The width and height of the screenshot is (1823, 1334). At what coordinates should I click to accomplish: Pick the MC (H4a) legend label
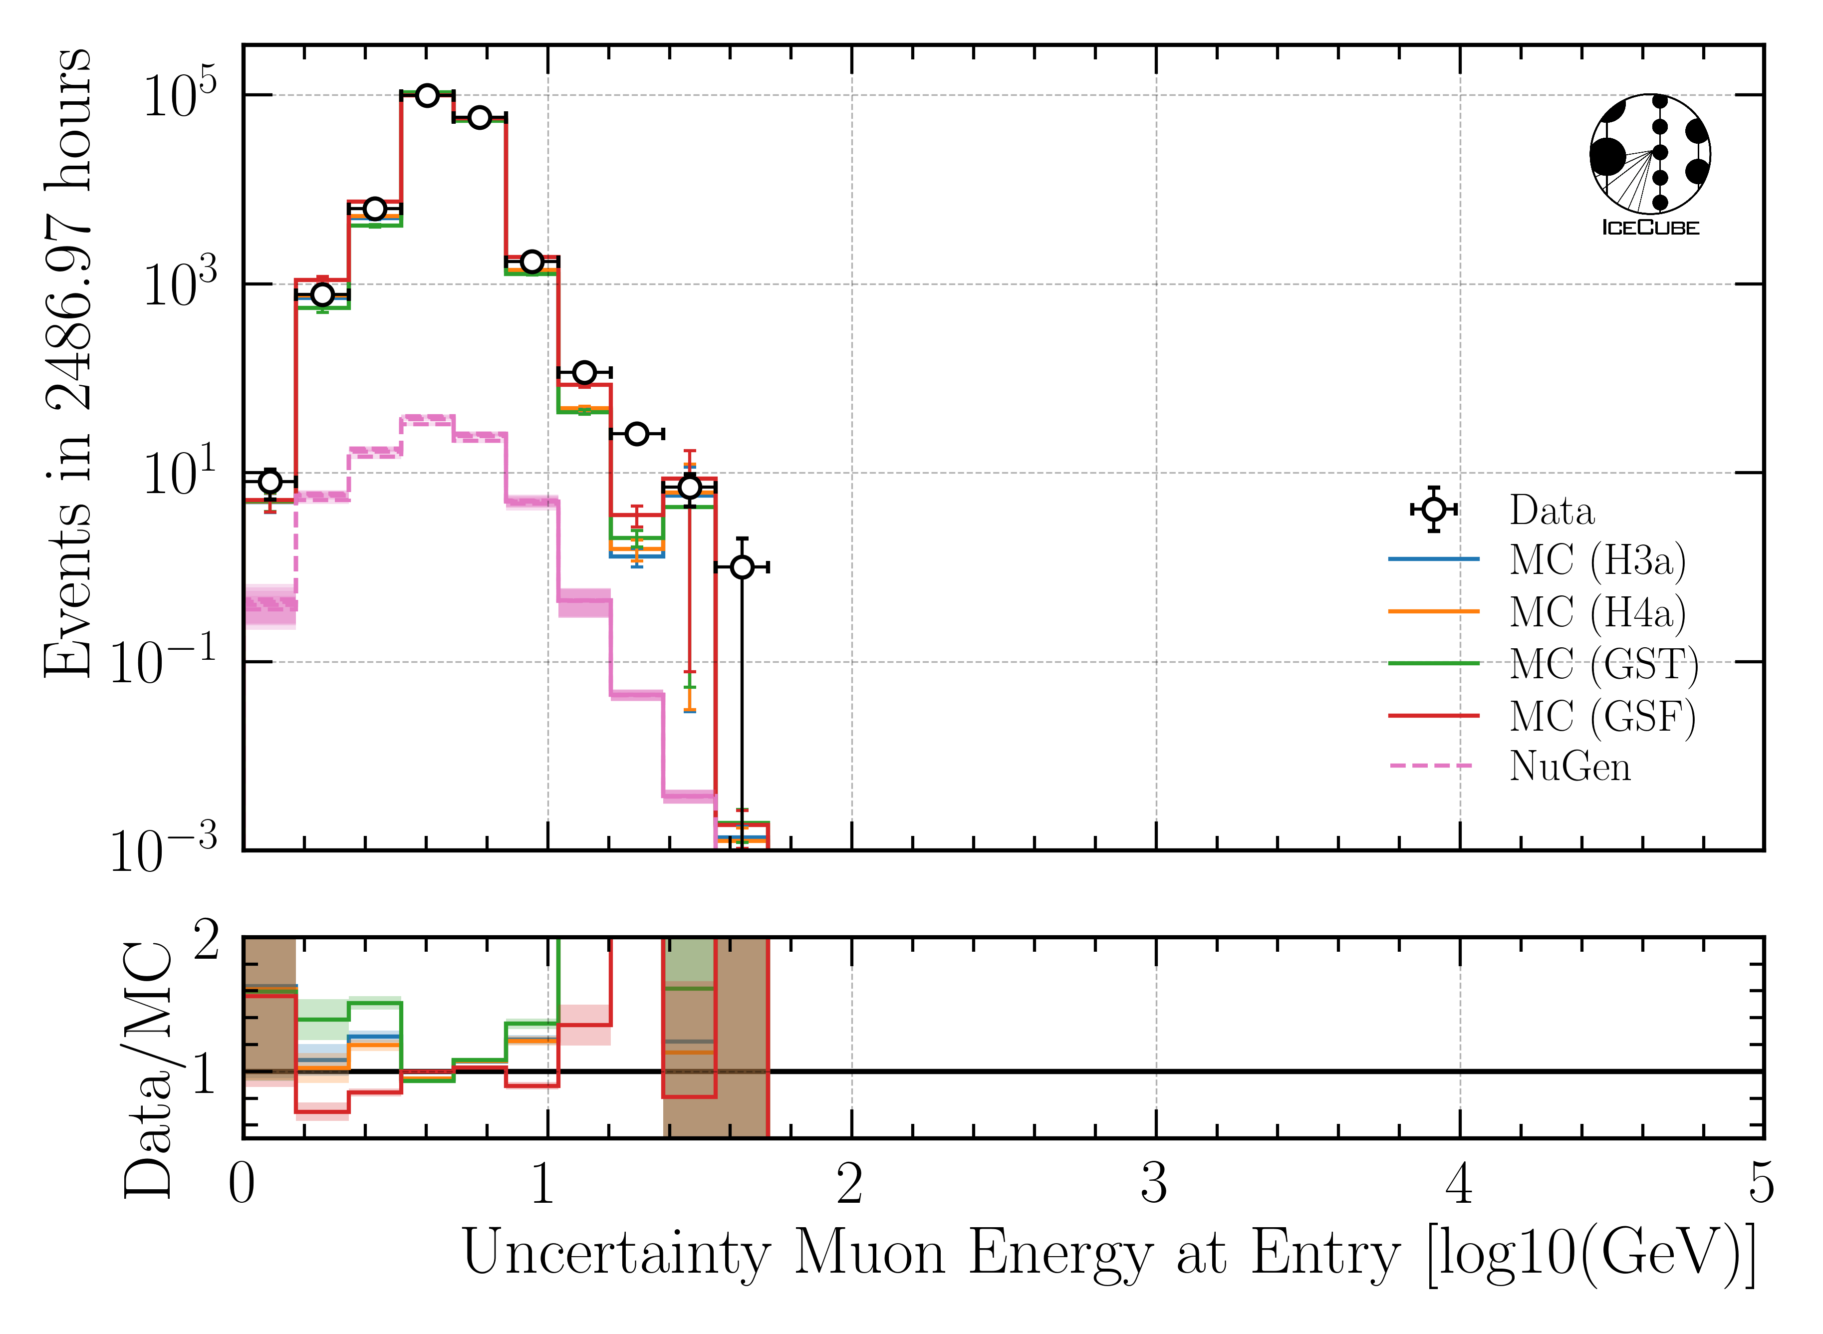coord(1597,612)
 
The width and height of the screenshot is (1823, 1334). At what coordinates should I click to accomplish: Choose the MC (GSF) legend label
coord(1602,716)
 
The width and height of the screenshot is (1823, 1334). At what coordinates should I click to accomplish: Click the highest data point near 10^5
coord(427,95)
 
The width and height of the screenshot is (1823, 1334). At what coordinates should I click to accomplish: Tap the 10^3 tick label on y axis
coord(179,284)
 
